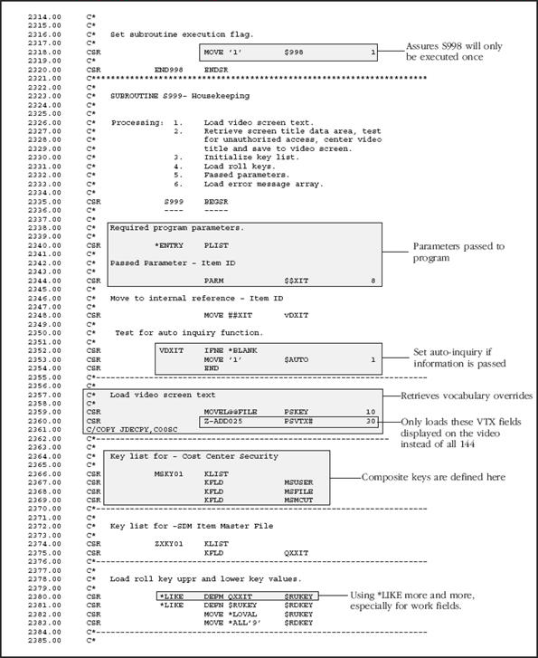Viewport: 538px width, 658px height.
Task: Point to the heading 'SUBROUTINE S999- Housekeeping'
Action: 180,95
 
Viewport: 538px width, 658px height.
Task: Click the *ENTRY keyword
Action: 169,244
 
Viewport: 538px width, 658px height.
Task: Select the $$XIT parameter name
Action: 296,280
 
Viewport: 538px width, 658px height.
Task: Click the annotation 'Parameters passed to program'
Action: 458,251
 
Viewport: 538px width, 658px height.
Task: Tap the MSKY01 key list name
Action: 169,472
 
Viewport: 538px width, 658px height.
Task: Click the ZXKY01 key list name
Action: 169,543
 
